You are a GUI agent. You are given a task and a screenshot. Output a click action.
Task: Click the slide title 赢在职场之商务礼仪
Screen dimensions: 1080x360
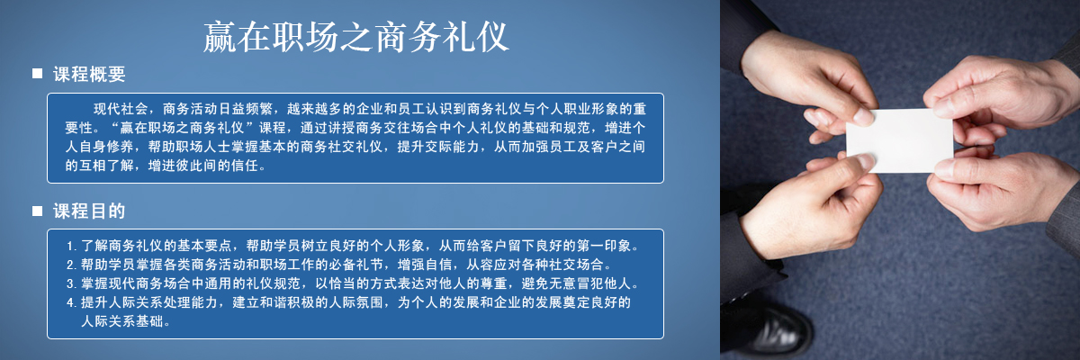point(355,37)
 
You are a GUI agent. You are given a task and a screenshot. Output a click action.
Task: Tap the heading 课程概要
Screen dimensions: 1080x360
point(89,74)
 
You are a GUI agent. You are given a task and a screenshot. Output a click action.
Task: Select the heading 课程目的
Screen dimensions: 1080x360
point(89,211)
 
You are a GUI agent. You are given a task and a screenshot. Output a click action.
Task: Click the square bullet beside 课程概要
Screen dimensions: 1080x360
point(37,73)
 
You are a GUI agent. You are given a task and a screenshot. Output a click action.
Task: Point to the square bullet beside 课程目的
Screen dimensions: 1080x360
point(37,211)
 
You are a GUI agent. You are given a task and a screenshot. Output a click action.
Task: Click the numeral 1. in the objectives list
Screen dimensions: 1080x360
point(71,247)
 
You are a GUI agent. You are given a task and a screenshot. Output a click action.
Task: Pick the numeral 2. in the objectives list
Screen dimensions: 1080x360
point(71,265)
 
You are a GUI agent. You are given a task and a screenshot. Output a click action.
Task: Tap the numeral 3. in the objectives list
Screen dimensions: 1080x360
point(71,283)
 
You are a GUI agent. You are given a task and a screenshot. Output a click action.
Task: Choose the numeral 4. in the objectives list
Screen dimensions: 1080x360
point(71,302)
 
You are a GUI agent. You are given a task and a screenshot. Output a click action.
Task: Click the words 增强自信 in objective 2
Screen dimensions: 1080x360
point(425,265)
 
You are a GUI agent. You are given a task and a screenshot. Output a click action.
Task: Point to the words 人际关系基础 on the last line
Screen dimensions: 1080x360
point(122,321)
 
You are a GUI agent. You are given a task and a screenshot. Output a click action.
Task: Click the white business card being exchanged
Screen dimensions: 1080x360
point(900,140)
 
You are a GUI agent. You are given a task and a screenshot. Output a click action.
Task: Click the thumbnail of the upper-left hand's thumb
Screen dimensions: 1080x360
point(863,116)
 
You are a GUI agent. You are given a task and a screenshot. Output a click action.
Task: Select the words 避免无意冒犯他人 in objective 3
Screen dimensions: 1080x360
point(576,283)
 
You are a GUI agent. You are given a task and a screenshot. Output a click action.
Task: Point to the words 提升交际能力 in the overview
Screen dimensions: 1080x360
point(437,147)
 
